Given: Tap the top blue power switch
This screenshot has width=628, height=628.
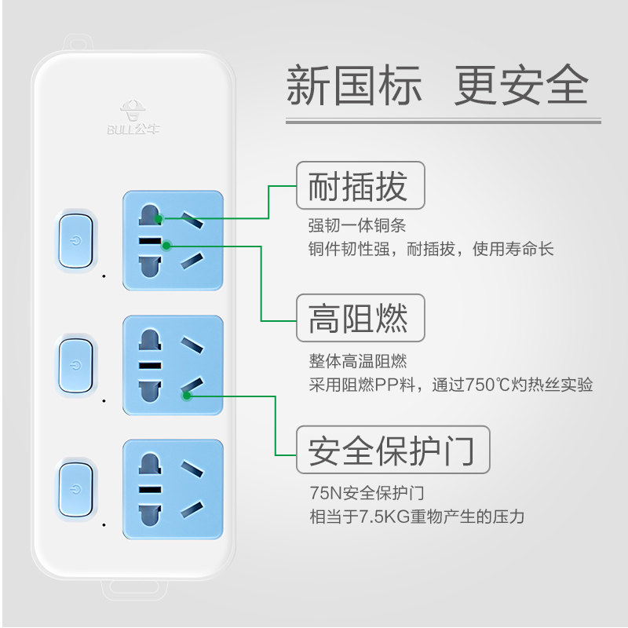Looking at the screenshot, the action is [75, 239].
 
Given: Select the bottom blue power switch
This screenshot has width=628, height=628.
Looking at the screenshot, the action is [75, 489].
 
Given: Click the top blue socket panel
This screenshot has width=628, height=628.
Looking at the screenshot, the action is [173, 240].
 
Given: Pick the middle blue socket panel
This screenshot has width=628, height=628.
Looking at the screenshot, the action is [173, 365].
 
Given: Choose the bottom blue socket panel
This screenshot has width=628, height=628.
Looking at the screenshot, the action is [173, 489].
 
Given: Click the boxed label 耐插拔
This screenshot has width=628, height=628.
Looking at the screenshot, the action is [360, 186].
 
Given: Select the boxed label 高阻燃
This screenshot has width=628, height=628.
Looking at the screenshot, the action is [360, 318].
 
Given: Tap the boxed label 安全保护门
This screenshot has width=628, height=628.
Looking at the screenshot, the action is [392, 450].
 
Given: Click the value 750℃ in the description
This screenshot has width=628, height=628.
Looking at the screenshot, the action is [488, 385].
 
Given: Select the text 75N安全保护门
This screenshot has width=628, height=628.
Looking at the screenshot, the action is [367, 493].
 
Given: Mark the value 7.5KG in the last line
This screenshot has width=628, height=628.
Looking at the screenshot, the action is [382, 517].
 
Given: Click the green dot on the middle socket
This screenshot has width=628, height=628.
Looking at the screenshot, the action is [187, 396].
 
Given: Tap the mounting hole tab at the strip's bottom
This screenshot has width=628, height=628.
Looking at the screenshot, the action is [134, 587].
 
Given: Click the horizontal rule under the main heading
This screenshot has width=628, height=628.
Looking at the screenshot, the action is [443, 121].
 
